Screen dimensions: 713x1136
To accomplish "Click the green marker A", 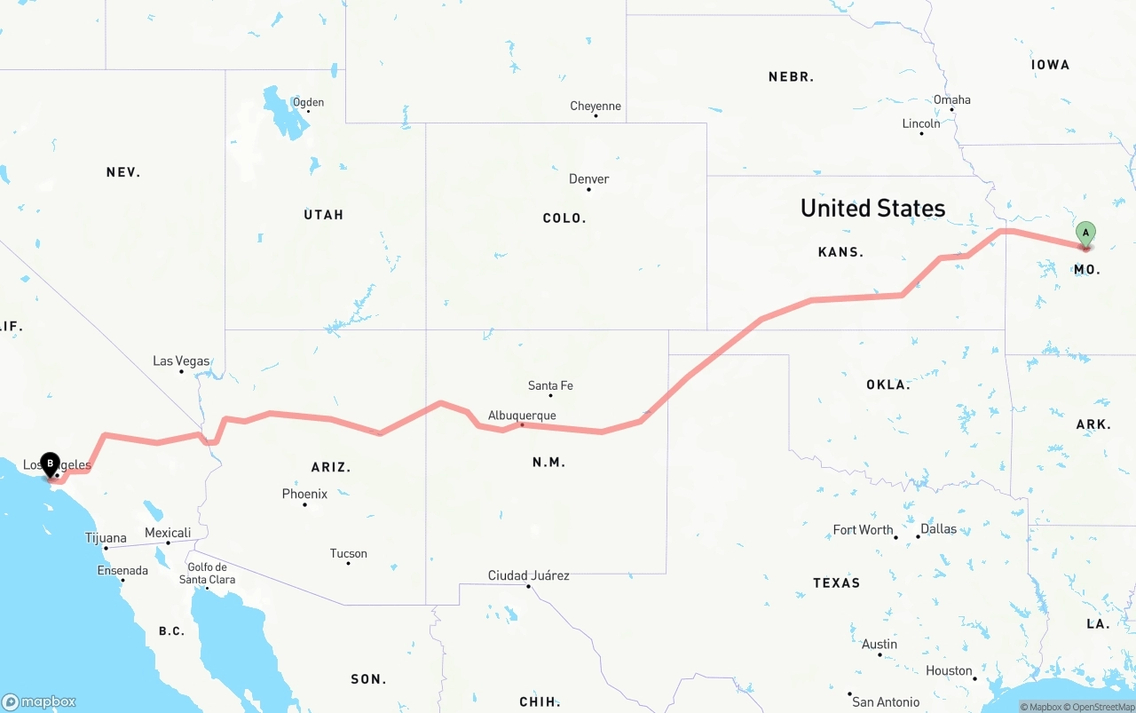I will pyautogui.click(x=1085, y=234).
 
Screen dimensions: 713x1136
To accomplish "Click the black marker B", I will pyautogui.click(x=51, y=463).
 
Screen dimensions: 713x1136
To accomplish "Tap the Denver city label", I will pyautogui.click(x=588, y=178).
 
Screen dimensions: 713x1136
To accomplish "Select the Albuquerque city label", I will pyautogui.click(x=522, y=415).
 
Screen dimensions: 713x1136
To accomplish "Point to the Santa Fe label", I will pyautogui.click(x=550, y=385).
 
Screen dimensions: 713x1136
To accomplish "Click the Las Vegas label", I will pyautogui.click(x=181, y=360).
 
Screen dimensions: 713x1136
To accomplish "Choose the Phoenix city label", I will pyautogui.click(x=304, y=494).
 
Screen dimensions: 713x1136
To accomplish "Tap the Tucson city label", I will pyautogui.click(x=348, y=553).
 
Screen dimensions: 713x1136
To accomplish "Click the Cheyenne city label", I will pyautogui.click(x=596, y=106).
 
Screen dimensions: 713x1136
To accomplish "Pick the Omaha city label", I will pyautogui.click(x=951, y=99).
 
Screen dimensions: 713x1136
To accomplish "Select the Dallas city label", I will pyautogui.click(x=938, y=528).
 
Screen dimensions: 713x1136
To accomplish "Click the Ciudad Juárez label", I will pyautogui.click(x=529, y=575).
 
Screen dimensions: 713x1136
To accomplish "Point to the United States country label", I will pyautogui.click(x=872, y=208).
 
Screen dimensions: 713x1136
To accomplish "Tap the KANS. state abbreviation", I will pyautogui.click(x=840, y=252).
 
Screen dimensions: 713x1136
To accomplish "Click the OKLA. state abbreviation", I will pyautogui.click(x=888, y=384).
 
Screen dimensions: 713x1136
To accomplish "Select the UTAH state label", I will pyautogui.click(x=323, y=215).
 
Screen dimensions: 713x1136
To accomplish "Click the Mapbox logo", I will pyautogui.click(x=38, y=701).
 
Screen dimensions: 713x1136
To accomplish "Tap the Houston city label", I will pyautogui.click(x=949, y=670).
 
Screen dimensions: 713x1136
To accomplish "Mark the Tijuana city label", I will pyautogui.click(x=106, y=537).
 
